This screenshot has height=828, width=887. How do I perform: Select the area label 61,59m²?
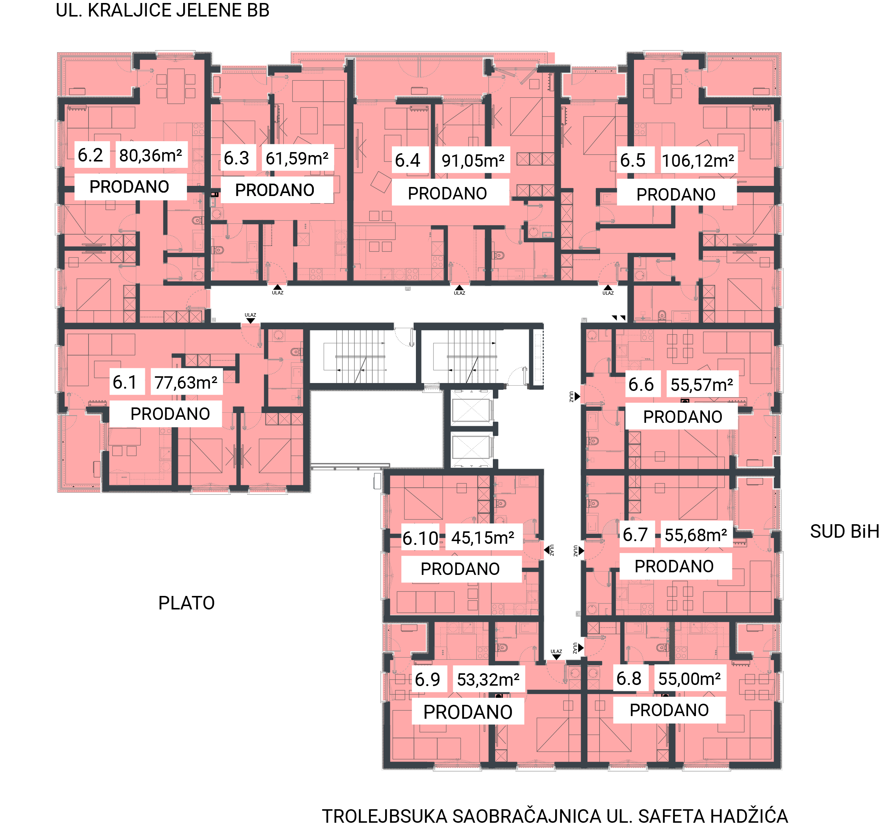(x=297, y=158)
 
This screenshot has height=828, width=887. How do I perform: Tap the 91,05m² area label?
(x=473, y=161)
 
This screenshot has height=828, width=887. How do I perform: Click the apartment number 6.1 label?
(x=125, y=382)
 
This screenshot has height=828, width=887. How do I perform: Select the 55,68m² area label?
(x=696, y=535)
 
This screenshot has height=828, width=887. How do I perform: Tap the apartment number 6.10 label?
(x=420, y=538)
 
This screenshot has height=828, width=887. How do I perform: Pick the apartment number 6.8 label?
(x=629, y=679)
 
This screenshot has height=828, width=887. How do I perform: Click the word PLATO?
(x=187, y=603)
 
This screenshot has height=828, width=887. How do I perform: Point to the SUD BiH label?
(x=845, y=532)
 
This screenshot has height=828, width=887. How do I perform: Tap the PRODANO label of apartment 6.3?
(x=275, y=190)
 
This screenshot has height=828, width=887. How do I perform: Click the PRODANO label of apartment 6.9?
(x=468, y=712)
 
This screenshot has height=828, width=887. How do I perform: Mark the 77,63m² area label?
(x=186, y=383)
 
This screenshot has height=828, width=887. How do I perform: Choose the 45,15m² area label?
(x=483, y=538)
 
